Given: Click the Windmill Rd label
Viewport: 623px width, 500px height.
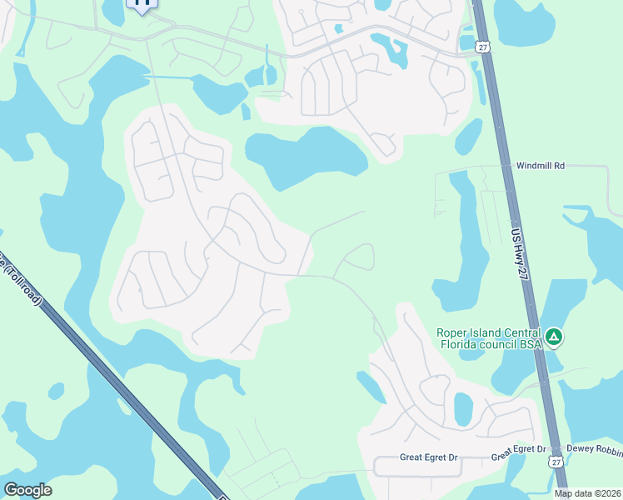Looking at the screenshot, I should click(x=540, y=167).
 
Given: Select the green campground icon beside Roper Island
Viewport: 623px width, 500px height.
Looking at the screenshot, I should click(x=554, y=337).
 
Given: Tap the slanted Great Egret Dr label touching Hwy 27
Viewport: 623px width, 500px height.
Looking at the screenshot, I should click(x=518, y=453).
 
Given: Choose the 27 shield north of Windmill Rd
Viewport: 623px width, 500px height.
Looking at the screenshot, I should click(x=483, y=47).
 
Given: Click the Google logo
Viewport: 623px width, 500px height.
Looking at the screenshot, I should click(x=27, y=490).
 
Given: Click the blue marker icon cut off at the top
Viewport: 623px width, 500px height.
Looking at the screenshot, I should click(x=142, y=4).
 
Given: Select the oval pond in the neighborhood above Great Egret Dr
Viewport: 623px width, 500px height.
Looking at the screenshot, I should click(x=463, y=410).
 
